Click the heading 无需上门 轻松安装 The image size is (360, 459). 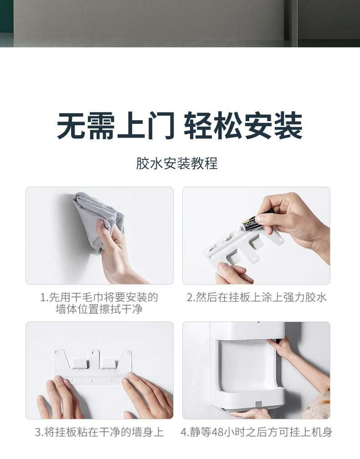click(x=180, y=126)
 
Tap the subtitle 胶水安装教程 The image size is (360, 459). click(x=177, y=163)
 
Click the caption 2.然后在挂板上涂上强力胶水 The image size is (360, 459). click(x=257, y=297)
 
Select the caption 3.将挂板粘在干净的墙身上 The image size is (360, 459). click(x=99, y=432)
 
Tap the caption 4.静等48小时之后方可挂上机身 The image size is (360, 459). click(x=257, y=432)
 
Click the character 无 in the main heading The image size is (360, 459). click(x=71, y=126)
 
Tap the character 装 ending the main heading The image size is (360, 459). click(x=288, y=126)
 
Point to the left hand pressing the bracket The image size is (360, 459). click(x=60, y=397)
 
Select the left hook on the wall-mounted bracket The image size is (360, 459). click(x=79, y=364)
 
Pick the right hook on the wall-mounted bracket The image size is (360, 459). click(x=110, y=364)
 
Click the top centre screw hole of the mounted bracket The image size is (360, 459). click(x=93, y=352)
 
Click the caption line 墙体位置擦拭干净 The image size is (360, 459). click(x=99, y=309)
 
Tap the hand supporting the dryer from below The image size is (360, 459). click(x=249, y=413)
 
